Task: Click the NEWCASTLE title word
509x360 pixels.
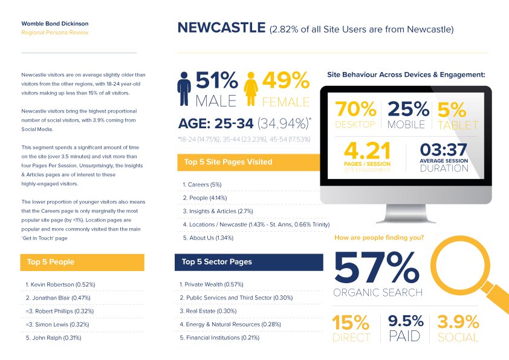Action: coord(221,28)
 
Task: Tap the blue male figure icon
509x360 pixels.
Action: coord(184,89)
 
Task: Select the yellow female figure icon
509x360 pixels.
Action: coord(251,89)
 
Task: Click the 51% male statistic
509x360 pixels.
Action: coord(216,80)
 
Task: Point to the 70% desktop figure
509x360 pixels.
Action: coord(355,109)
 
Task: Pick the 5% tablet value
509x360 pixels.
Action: coord(452,110)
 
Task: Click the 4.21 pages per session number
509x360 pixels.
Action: coord(367,151)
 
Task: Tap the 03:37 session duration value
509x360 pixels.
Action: coord(444,150)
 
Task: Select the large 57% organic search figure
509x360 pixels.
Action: coord(377,267)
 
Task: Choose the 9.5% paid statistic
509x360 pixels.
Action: coord(406,321)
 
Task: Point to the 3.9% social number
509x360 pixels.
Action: coord(458,322)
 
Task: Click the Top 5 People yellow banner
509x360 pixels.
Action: coord(82,262)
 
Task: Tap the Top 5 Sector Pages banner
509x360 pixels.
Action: coord(249,262)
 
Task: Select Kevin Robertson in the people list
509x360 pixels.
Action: coord(60,284)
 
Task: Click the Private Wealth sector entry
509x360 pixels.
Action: coord(212,284)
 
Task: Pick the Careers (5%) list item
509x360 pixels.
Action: coord(202,185)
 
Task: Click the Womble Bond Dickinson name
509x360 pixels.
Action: coord(55,24)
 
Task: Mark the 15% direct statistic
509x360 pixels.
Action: coord(351,322)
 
